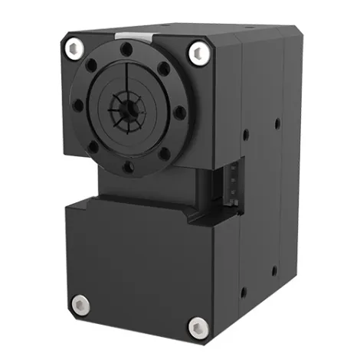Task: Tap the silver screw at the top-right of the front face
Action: [199, 52]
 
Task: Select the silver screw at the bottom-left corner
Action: [80, 304]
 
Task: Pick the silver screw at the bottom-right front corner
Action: [198, 327]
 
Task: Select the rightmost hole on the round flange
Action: [179, 113]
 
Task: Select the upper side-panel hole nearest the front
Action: [245, 135]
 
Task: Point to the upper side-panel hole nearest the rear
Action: [276, 123]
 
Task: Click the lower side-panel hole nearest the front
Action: [244, 292]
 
